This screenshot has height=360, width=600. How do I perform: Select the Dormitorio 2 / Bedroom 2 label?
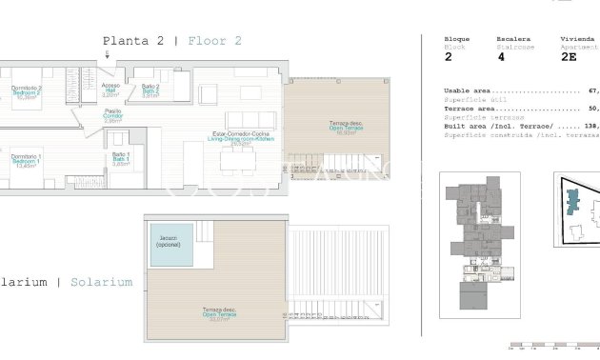pos(26,91)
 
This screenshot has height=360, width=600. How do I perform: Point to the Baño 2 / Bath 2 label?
pos(150,90)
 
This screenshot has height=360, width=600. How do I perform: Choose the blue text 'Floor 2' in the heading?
pos(214,41)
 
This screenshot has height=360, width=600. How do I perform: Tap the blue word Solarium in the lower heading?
pos(101,282)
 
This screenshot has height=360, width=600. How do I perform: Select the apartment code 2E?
pos(569,57)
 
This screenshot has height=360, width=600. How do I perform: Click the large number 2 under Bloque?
pos(449,57)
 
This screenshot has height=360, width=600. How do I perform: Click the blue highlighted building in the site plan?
pos(571,202)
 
